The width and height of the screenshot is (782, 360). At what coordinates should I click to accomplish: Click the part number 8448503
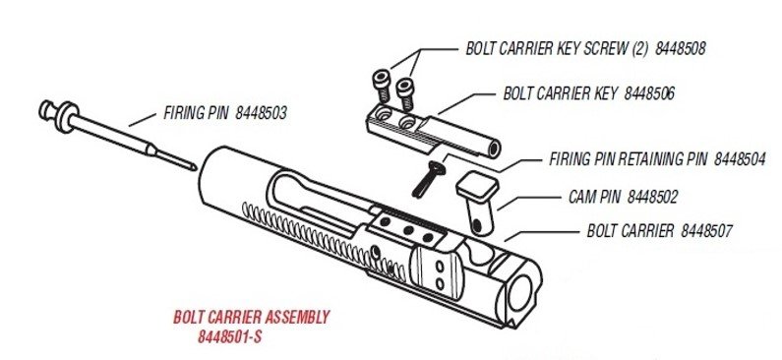[x=261, y=113]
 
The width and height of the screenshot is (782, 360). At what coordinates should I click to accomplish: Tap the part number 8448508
[x=681, y=49]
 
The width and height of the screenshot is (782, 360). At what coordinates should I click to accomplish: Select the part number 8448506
[x=649, y=93]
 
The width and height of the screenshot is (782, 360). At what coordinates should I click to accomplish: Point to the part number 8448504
[x=740, y=159]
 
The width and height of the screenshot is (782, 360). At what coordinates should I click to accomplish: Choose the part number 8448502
[x=653, y=197]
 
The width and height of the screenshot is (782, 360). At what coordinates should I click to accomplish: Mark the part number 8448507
[x=706, y=231]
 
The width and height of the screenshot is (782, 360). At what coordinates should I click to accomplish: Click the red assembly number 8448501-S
[x=229, y=337]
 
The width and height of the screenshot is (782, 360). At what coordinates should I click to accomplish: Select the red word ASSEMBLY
[x=297, y=317]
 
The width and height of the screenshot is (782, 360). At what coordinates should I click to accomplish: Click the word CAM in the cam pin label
[x=581, y=197]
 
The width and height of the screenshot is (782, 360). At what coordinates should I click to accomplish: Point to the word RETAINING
[x=653, y=159]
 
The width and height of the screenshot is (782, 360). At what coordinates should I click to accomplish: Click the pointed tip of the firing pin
[x=195, y=168]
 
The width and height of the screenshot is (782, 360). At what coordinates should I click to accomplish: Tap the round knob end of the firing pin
[x=46, y=110]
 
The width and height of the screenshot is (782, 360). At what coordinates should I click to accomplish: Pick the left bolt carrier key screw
[x=382, y=88]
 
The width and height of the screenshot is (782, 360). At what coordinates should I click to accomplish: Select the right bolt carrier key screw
[x=406, y=94]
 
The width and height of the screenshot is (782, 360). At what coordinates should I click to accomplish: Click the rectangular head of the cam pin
[x=477, y=187]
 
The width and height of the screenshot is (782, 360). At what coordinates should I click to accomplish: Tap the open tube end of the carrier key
[x=494, y=150]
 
